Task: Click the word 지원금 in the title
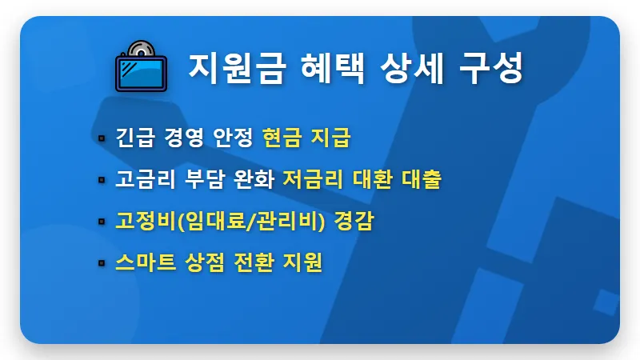tap(223, 67)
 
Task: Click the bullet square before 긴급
tap(102, 138)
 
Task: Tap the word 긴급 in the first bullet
tap(133, 138)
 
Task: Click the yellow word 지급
tap(332, 138)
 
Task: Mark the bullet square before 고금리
tap(102, 180)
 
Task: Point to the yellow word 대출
tap(421, 179)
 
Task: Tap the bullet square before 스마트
tap(102, 263)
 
